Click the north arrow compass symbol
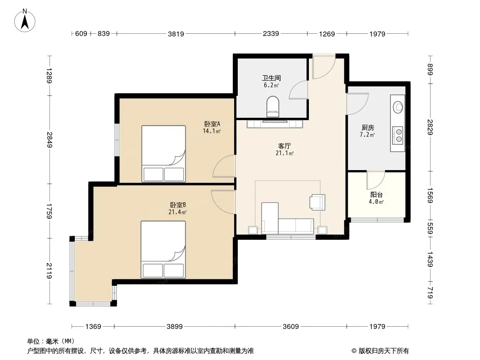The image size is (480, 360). coord(25,21)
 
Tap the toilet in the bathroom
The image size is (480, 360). coord(273,107)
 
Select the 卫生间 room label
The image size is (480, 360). coord(271,78)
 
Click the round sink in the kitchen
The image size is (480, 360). coord(398,107)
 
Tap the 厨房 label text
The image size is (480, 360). coord(367,127)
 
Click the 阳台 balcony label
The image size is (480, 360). coord(376,194)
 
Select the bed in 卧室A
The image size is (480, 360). coord(163,153)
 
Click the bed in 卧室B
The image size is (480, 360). coord(163,250)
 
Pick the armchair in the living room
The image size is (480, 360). coord(317,202)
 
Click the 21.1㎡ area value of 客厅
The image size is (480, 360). coord(285,153)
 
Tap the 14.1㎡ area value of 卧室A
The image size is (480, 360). coord(212,131)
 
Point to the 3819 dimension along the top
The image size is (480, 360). coord(176,34)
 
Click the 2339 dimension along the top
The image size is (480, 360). coord(271,34)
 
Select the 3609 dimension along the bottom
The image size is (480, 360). coord(290,327)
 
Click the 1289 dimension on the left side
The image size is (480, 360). coord(49,76)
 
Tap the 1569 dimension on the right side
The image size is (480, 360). coord(430,195)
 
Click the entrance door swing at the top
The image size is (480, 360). coord(324,67)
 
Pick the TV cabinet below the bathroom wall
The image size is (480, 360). coord(275,124)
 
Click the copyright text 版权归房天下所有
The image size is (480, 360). coord(383,351)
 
